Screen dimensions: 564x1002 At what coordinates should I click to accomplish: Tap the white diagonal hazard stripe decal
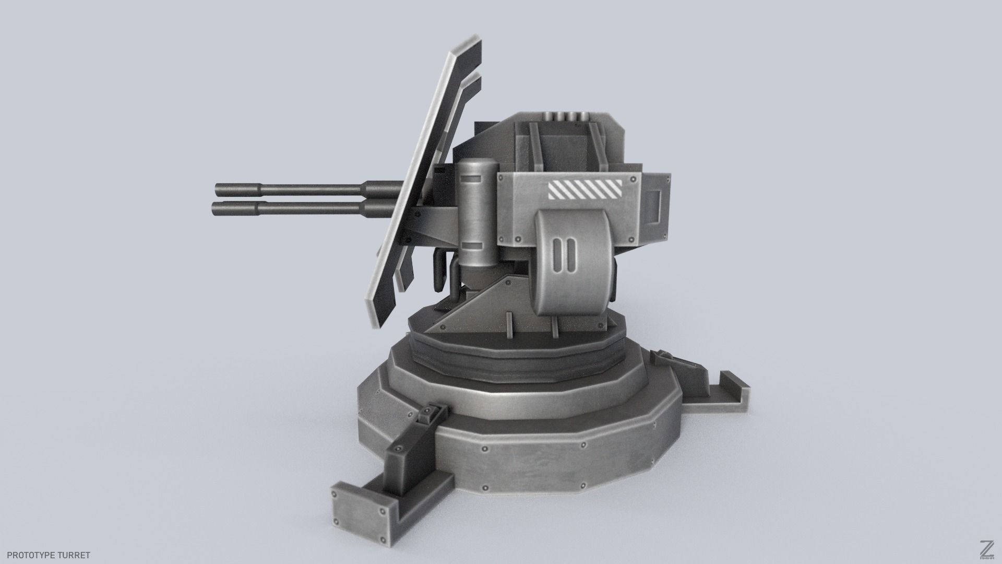coord(584,190)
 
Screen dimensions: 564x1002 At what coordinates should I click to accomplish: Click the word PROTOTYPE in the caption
coord(32,555)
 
